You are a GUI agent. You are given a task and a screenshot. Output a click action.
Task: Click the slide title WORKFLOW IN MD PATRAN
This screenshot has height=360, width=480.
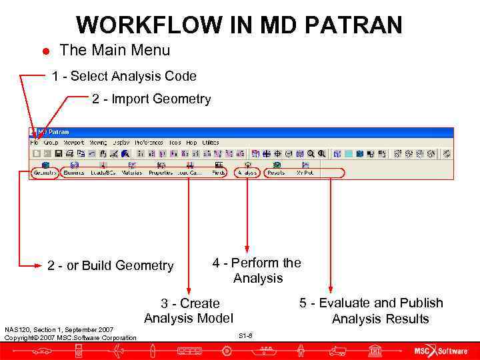239,25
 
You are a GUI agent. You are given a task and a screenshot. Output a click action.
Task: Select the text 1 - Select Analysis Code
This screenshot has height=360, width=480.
124,76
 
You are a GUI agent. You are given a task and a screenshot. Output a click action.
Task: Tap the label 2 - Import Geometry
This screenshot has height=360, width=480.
151,99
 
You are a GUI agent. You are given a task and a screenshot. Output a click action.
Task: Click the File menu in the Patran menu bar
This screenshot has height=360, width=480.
35,143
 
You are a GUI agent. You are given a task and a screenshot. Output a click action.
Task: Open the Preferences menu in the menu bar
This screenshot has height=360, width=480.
148,143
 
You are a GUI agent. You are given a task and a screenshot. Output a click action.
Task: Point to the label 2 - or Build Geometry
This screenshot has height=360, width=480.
110,266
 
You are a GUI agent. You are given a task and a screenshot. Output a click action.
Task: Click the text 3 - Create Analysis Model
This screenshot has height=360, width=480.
189,311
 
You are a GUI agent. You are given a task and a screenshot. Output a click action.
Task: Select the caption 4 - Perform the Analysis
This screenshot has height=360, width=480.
257,271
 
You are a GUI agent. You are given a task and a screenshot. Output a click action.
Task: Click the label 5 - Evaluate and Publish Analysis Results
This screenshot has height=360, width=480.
371,311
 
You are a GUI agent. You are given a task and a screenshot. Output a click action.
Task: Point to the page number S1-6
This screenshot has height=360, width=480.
245,335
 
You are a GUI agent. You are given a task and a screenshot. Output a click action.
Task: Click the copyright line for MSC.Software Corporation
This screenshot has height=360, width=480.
70,338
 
